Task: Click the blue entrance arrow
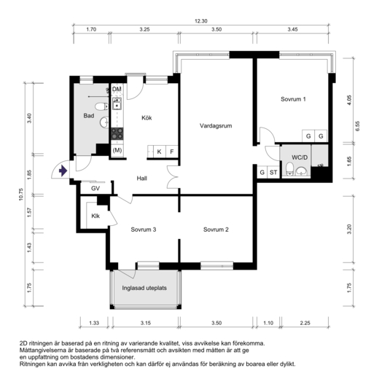coord(63,171)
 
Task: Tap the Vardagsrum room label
coord(216,126)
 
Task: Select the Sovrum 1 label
coord(293,99)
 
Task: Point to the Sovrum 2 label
coord(216,230)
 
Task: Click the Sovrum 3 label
coord(144,230)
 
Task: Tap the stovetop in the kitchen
coord(117,133)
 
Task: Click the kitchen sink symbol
coord(117,103)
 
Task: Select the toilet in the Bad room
coord(101,106)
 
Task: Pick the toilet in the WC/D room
coord(289,168)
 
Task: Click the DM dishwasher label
coord(117,89)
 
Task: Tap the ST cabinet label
coord(273,172)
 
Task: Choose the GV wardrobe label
coord(95,189)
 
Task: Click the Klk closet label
coord(95,216)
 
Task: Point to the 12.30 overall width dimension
coord(201,21)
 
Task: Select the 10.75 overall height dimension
coord(21,195)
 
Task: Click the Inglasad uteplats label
coord(144,288)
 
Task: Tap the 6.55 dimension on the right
coord(358,126)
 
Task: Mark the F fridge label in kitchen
coord(172,152)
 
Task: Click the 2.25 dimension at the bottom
coord(305,323)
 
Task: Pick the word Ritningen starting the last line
coord(32,364)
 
